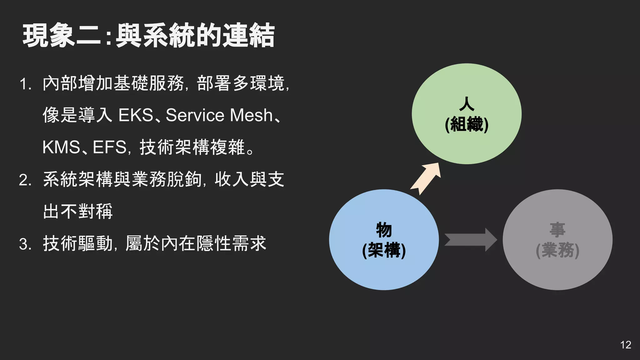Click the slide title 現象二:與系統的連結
pyautogui.click(x=148, y=36)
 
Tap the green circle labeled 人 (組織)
pyautogui.click(x=466, y=144)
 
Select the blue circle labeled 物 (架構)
pyautogui.click(x=384, y=272)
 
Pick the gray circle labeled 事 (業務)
pyautogui.click(x=557, y=272)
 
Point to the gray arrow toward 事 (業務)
pyautogui.click(x=470, y=240)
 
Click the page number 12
pyautogui.click(x=626, y=345)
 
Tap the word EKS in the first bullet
pyautogui.click(x=136, y=115)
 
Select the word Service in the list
pyautogui.click(x=195, y=115)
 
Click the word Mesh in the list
pyautogui.click(x=252, y=115)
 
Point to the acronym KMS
pyautogui.click(x=61, y=147)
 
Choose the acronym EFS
pyautogui.click(x=109, y=147)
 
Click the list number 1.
pyautogui.click(x=25, y=84)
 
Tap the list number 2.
pyautogui.click(x=25, y=180)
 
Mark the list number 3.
pyautogui.click(x=25, y=244)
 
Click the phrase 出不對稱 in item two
pyautogui.click(x=78, y=211)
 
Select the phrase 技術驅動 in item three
pyautogui.click(x=78, y=243)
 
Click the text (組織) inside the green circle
pyautogui.click(x=466, y=125)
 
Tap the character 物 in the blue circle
pyautogui.click(x=384, y=230)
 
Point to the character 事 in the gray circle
pyautogui.click(x=557, y=230)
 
